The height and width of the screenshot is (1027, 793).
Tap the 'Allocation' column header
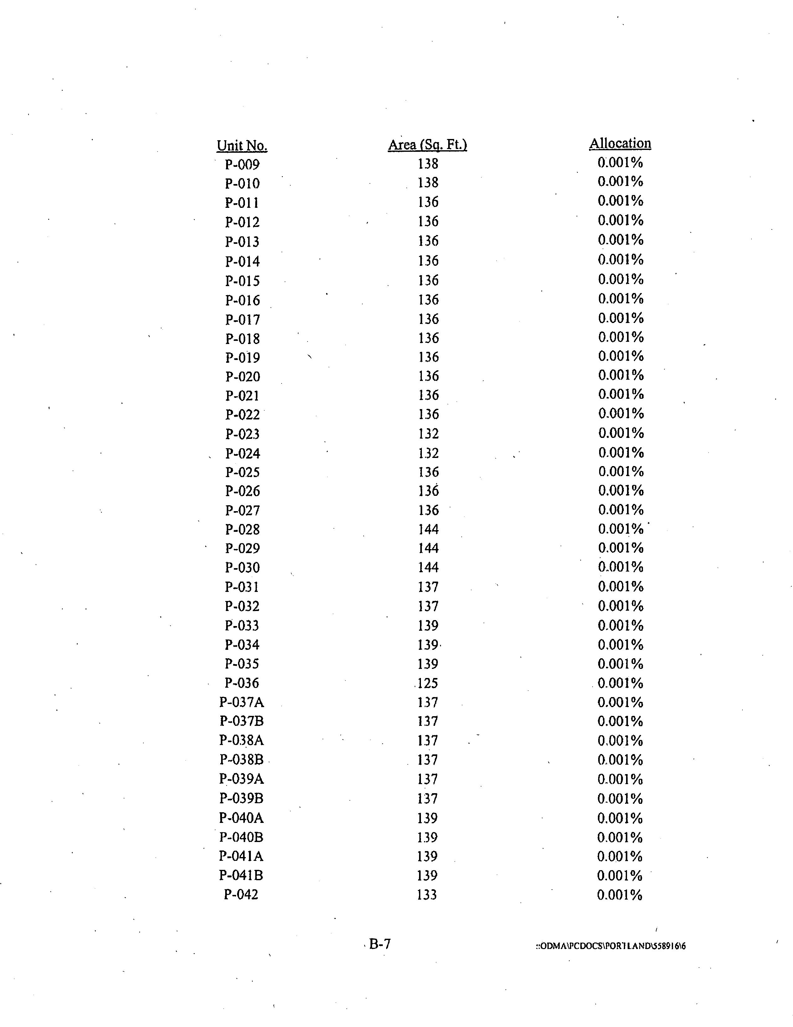point(620,143)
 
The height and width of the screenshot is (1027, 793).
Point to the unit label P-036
point(242,683)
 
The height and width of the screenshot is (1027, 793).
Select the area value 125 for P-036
point(427,683)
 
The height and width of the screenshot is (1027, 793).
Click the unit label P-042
point(241,894)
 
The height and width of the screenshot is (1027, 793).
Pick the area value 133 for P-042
point(427,894)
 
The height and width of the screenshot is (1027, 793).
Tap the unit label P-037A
point(241,702)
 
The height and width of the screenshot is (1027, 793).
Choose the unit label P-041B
point(241,875)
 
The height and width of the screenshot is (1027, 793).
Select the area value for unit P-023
point(428,434)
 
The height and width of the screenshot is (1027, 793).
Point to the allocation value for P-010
point(620,182)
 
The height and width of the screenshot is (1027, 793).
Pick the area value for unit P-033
point(428,625)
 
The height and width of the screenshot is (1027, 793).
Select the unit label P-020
point(242,377)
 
